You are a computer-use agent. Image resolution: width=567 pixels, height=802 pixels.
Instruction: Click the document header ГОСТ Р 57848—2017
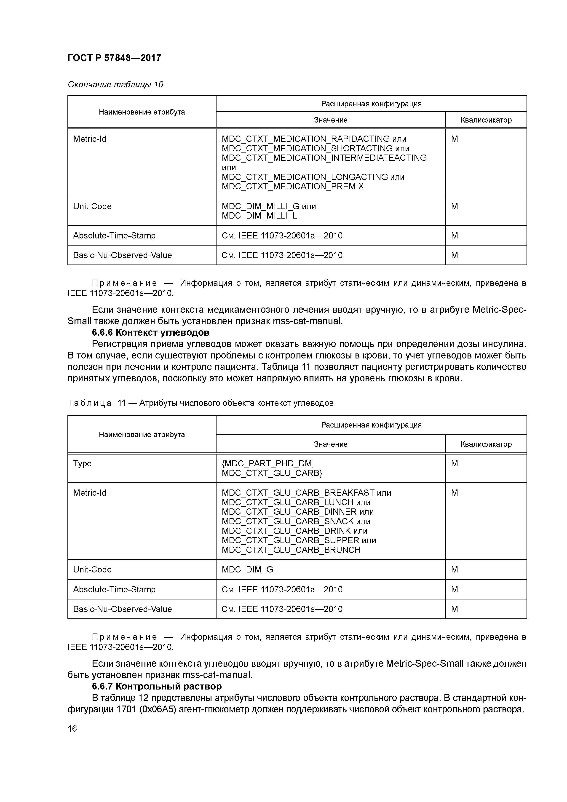point(114,58)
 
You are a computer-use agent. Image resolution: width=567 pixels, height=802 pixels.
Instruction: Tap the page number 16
point(72,729)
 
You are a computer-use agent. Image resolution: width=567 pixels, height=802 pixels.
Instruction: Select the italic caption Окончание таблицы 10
point(115,85)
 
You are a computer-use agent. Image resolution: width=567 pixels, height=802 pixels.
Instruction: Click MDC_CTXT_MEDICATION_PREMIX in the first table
point(292,187)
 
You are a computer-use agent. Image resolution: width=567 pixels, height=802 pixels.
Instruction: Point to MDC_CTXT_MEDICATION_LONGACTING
point(305,177)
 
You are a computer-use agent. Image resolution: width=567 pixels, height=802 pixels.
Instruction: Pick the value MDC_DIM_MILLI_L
point(259,216)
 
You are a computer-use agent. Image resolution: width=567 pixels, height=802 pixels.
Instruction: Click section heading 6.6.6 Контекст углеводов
point(151,332)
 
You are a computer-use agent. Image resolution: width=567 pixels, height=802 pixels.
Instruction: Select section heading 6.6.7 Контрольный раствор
point(157,686)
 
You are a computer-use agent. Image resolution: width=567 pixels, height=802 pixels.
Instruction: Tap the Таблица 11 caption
point(200,403)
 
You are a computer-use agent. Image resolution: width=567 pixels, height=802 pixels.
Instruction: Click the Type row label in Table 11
point(83,463)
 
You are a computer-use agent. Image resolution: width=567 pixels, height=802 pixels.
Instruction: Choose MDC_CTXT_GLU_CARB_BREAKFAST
point(298,493)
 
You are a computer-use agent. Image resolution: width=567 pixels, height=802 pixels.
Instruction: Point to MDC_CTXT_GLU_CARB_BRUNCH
point(291,550)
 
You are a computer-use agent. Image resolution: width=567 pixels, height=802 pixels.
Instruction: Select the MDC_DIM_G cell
point(247,570)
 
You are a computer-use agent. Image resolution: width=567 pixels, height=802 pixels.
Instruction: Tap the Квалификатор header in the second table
point(486,444)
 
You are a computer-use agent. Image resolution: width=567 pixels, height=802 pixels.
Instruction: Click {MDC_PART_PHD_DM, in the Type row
point(267,463)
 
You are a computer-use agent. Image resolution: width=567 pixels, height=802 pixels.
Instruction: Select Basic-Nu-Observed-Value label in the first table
point(123,255)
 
